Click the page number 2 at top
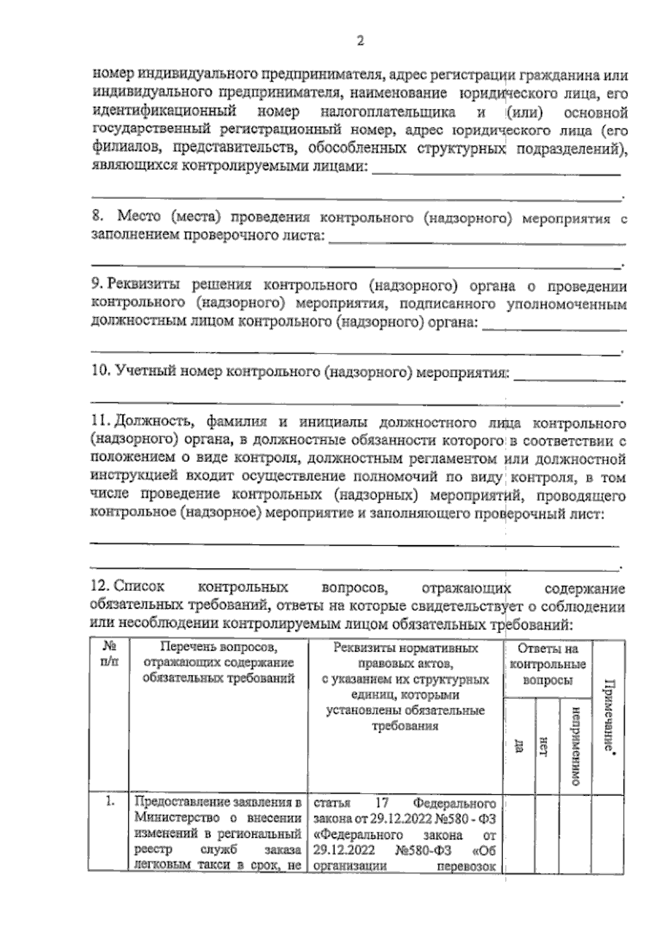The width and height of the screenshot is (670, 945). [360, 41]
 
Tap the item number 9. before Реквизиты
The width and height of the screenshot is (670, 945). [97, 285]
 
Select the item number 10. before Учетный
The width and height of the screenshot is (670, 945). [100, 371]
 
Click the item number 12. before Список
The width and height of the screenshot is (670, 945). [100, 587]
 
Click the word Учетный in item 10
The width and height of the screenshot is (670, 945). [142, 371]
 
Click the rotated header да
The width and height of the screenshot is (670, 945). [519, 746]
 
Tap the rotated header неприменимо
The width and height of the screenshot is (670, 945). [575, 746]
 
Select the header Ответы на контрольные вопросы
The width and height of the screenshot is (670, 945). [547, 665]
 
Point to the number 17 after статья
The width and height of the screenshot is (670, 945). [381, 803]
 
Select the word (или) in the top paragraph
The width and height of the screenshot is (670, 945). [526, 112]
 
